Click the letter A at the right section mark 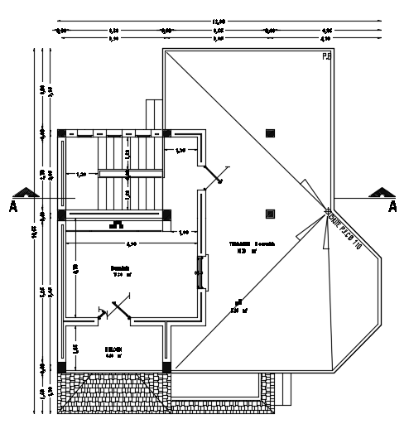tap(393, 207)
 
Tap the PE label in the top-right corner tap(326, 57)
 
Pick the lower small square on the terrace tap(270, 213)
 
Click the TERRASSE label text tap(245, 243)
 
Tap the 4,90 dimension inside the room tap(131, 243)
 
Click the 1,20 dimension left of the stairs tap(82, 174)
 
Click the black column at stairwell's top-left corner tap(61, 132)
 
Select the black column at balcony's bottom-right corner tap(166, 366)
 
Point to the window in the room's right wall tap(199, 271)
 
